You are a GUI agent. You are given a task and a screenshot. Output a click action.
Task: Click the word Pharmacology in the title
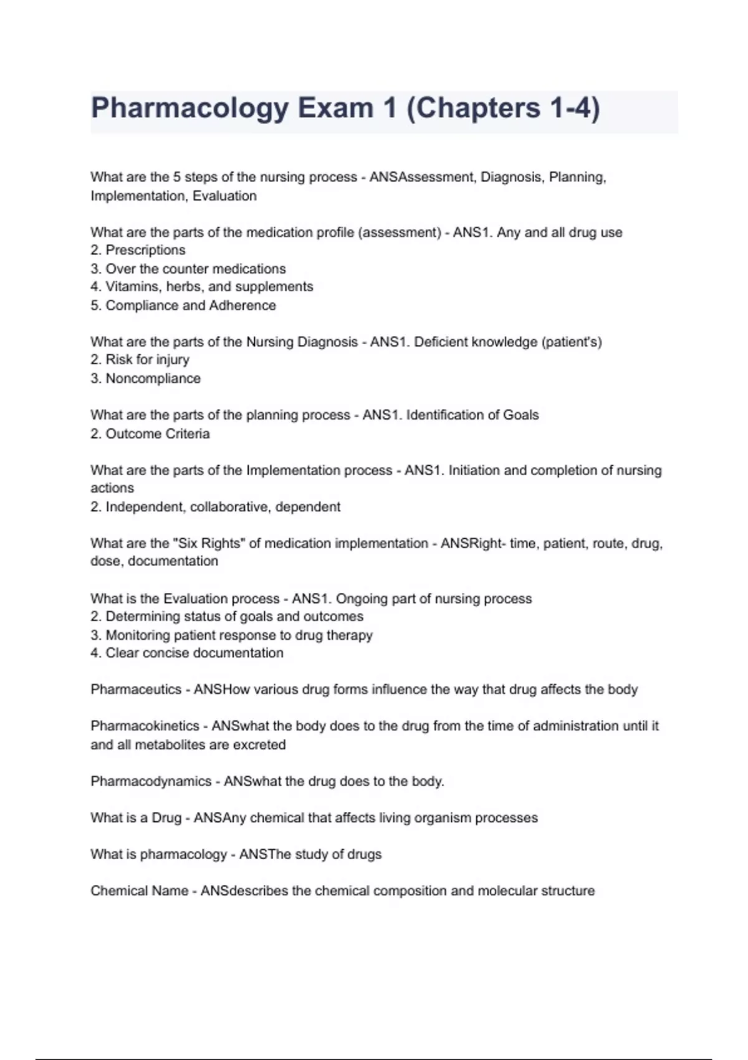(x=189, y=108)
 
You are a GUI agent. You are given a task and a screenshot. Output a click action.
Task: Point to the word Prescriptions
(x=145, y=250)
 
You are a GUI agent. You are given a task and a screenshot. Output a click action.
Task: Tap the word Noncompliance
(x=153, y=378)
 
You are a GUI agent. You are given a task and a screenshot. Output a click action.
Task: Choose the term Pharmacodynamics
(x=151, y=781)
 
